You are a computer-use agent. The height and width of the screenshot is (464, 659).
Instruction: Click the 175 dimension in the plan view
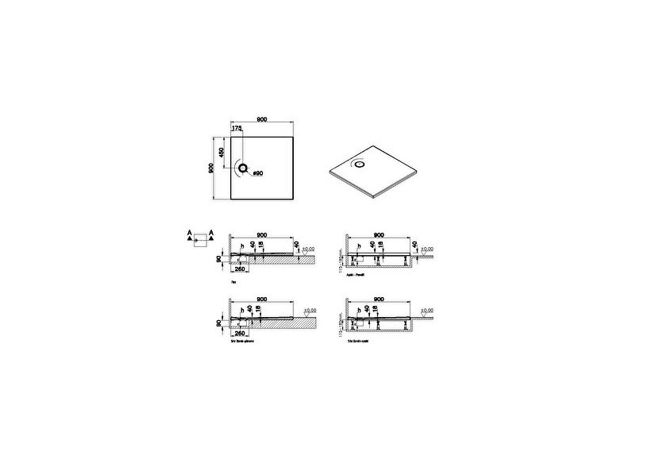pyautogui.click(x=237, y=128)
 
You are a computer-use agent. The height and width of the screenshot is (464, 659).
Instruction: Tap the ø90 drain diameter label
pyautogui.click(x=257, y=173)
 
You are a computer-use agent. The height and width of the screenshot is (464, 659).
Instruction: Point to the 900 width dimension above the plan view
pyautogui.click(x=261, y=119)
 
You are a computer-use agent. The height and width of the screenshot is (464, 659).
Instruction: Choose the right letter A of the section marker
pyautogui.click(x=210, y=233)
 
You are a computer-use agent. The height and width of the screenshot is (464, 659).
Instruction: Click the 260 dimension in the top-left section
pyautogui.click(x=240, y=269)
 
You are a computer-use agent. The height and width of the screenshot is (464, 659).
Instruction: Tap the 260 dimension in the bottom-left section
pyautogui.click(x=240, y=334)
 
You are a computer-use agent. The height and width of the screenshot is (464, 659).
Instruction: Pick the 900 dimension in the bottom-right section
pyautogui.click(x=378, y=300)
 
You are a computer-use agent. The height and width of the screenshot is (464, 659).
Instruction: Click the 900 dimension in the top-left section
pyautogui.click(x=261, y=234)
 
